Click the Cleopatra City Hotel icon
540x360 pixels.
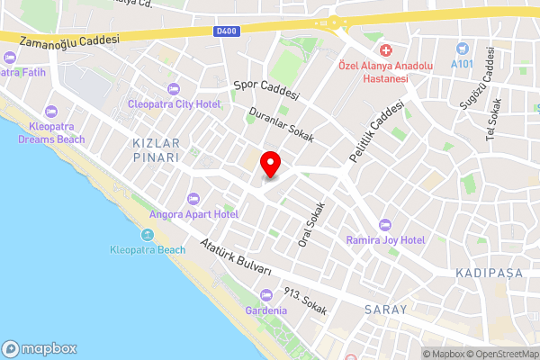pyautogui.click(x=174, y=88)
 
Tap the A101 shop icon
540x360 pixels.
pyautogui.click(x=463, y=48)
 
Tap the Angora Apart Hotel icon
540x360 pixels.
pyautogui.click(x=192, y=198)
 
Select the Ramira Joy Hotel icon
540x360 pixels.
pyautogui.click(x=386, y=224)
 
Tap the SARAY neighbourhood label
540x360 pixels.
pyautogui.click(x=386, y=309)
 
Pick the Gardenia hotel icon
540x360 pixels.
pyautogui.click(x=265, y=295)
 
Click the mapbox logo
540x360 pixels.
pyautogui.click(x=40, y=348)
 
